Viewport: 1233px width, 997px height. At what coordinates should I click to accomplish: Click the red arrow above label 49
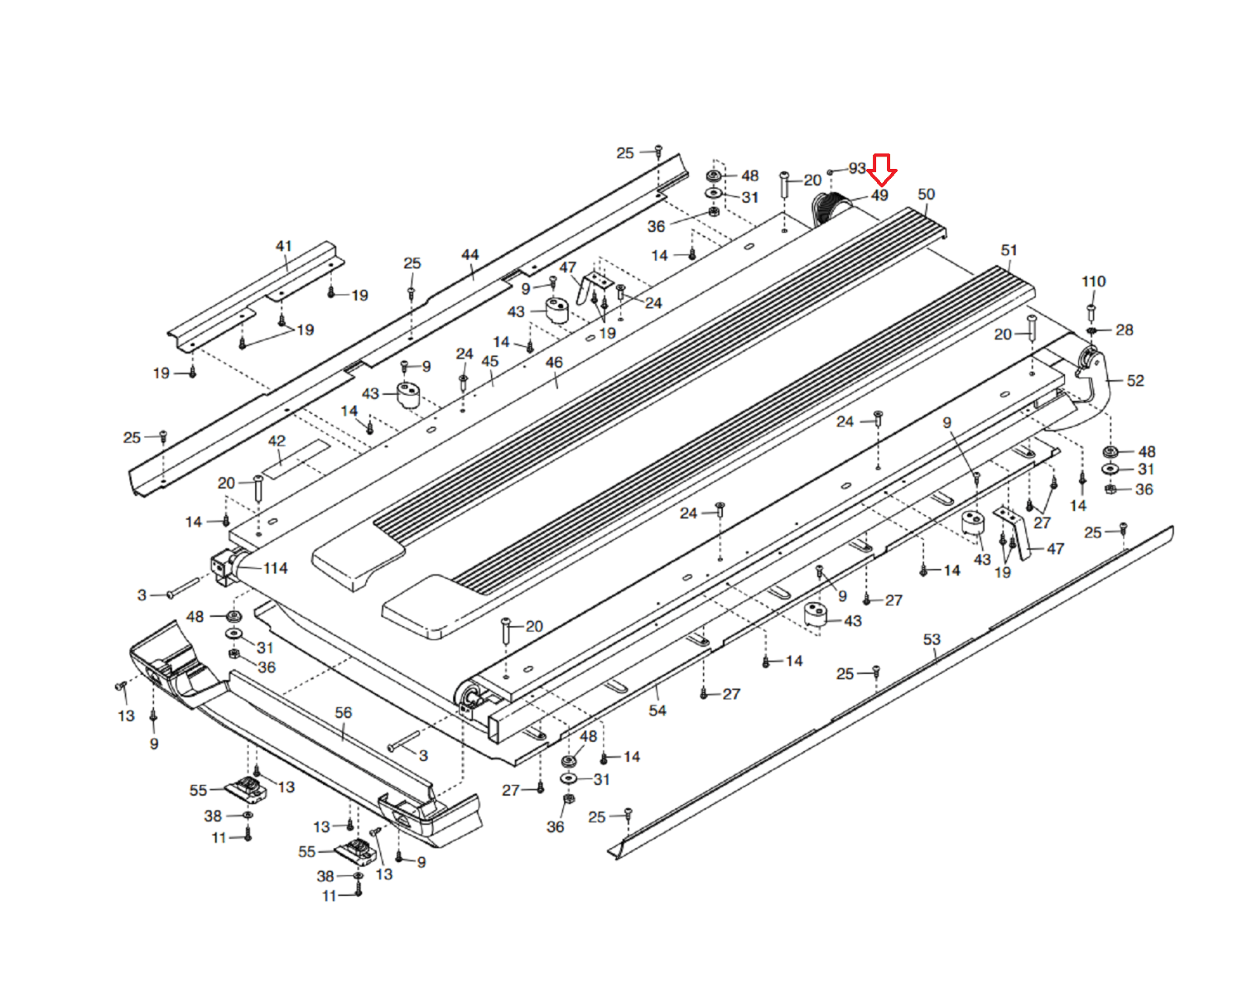click(882, 168)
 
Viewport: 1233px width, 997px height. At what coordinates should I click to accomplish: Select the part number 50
click(926, 194)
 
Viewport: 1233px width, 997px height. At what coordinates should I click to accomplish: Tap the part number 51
click(1009, 251)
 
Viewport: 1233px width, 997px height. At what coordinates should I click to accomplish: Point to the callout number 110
click(1094, 281)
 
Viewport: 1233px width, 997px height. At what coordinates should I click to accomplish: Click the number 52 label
click(1135, 380)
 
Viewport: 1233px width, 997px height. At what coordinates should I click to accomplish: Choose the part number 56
click(344, 712)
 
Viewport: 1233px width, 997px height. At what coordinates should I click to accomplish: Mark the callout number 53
click(932, 639)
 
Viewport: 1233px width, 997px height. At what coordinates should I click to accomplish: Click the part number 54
click(657, 710)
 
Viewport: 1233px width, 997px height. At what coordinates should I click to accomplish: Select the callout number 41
click(284, 246)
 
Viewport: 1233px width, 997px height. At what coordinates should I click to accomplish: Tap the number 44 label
click(470, 254)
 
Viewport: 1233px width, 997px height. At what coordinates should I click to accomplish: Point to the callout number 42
click(277, 441)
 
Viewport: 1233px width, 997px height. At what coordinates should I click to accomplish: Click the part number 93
click(857, 168)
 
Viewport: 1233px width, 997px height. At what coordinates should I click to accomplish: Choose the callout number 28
click(1124, 330)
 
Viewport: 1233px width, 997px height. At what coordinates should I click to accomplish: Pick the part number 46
click(554, 362)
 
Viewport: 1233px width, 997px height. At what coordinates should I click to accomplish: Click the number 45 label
click(490, 361)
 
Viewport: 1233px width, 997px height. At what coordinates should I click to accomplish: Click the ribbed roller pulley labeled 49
click(827, 207)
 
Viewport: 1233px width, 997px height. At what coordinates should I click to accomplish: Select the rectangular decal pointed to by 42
click(296, 457)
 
